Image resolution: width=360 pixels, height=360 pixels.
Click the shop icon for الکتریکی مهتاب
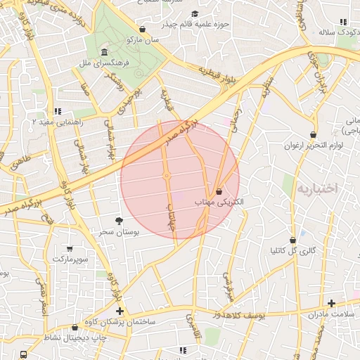pos(219,191)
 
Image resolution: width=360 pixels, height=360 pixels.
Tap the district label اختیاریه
pos(317,188)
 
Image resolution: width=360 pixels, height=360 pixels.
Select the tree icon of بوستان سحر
pos(128,221)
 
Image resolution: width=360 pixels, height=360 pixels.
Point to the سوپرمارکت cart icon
pos(69,249)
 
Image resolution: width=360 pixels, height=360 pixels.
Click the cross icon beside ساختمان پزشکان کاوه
pos(120,311)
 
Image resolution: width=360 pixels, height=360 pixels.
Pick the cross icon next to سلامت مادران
pos(331,303)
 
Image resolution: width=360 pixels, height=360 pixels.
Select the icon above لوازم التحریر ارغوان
pos(313,134)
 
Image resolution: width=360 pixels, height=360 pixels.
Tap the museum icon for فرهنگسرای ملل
pos(104,53)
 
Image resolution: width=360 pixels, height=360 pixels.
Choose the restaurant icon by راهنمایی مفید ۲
pos(58,111)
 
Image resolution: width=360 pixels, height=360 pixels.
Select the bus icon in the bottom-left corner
pos(24,355)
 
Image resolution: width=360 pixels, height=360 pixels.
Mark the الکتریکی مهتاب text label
pos(219,202)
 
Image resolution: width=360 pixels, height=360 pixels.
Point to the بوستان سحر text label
pos(118,231)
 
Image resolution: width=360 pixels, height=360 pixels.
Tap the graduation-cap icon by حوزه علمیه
pos(195,13)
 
